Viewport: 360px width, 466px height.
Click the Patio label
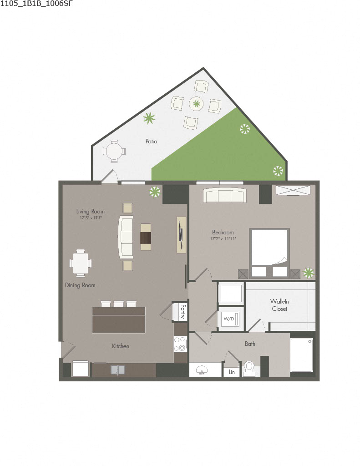click(x=151, y=142)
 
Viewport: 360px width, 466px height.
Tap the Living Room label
click(x=90, y=211)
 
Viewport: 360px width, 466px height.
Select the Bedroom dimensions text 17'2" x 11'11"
click(x=223, y=238)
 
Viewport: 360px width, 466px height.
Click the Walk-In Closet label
click(x=279, y=305)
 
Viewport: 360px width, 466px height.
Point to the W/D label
click(x=228, y=318)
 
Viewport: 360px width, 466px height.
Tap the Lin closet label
click(x=232, y=372)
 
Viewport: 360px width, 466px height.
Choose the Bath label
click(x=250, y=344)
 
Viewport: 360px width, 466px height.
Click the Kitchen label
click(x=121, y=346)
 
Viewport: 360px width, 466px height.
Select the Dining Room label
click(x=80, y=285)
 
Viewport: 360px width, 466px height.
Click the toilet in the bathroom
click(x=249, y=368)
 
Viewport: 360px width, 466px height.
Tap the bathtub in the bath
click(x=302, y=355)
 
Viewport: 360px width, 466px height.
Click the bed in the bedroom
click(x=269, y=253)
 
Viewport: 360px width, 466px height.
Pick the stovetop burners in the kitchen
click(x=180, y=344)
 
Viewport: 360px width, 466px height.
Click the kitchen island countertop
click(x=119, y=319)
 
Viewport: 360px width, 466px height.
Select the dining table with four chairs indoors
click(x=81, y=263)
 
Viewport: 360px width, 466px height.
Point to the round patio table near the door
click(x=113, y=151)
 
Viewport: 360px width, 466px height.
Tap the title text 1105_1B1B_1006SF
click(x=36, y=4)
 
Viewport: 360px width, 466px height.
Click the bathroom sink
click(x=201, y=370)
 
